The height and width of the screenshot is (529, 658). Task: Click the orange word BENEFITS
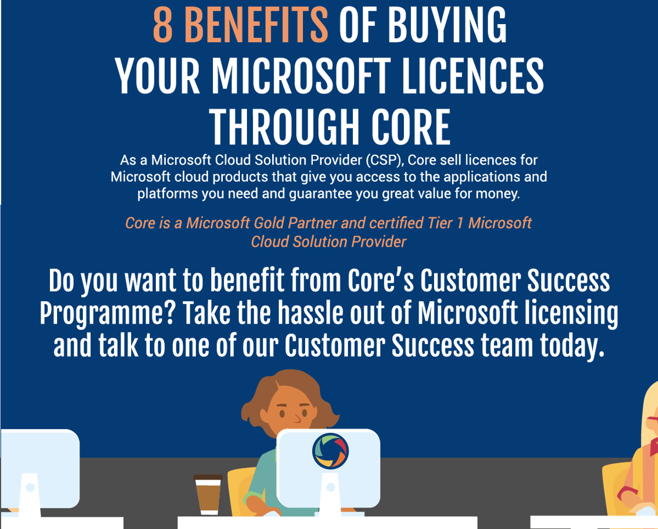(x=256, y=26)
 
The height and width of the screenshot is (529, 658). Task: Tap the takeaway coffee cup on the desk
(x=208, y=495)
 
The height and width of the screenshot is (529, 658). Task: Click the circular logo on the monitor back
(x=330, y=451)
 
